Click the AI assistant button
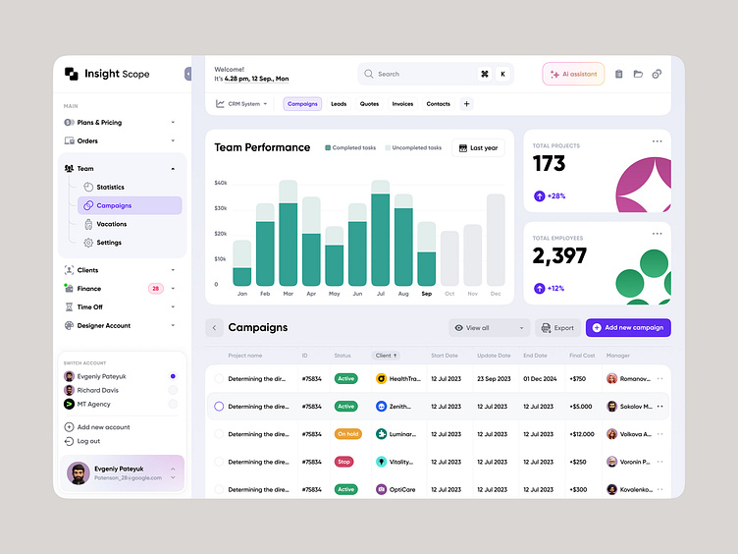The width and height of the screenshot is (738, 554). (x=573, y=74)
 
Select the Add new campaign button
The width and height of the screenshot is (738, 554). (x=628, y=328)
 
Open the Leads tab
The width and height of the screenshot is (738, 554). (x=339, y=104)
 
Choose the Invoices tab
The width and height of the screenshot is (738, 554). (x=402, y=104)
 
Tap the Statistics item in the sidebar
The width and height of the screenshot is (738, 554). (x=110, y=187)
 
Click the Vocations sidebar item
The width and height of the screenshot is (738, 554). (x=111, y=224)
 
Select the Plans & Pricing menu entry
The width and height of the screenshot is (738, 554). (x=99, y=123)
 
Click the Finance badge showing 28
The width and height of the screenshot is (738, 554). (x=155, y=289)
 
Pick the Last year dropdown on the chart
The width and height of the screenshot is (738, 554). (x=478, y=148)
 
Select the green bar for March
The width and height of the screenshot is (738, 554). (x=288, y=245)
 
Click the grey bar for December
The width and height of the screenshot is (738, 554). (x=496, y=240)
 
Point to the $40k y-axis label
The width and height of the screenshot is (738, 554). (x=221, y=183)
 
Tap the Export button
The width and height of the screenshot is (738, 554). (x=557, y=328)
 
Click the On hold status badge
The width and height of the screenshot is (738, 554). (x=345, y=434)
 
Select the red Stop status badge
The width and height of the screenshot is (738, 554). (x=344, y=462)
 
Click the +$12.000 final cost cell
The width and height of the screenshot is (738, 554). (x=581, y=434)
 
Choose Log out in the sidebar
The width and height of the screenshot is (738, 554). (x=87, y=441)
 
